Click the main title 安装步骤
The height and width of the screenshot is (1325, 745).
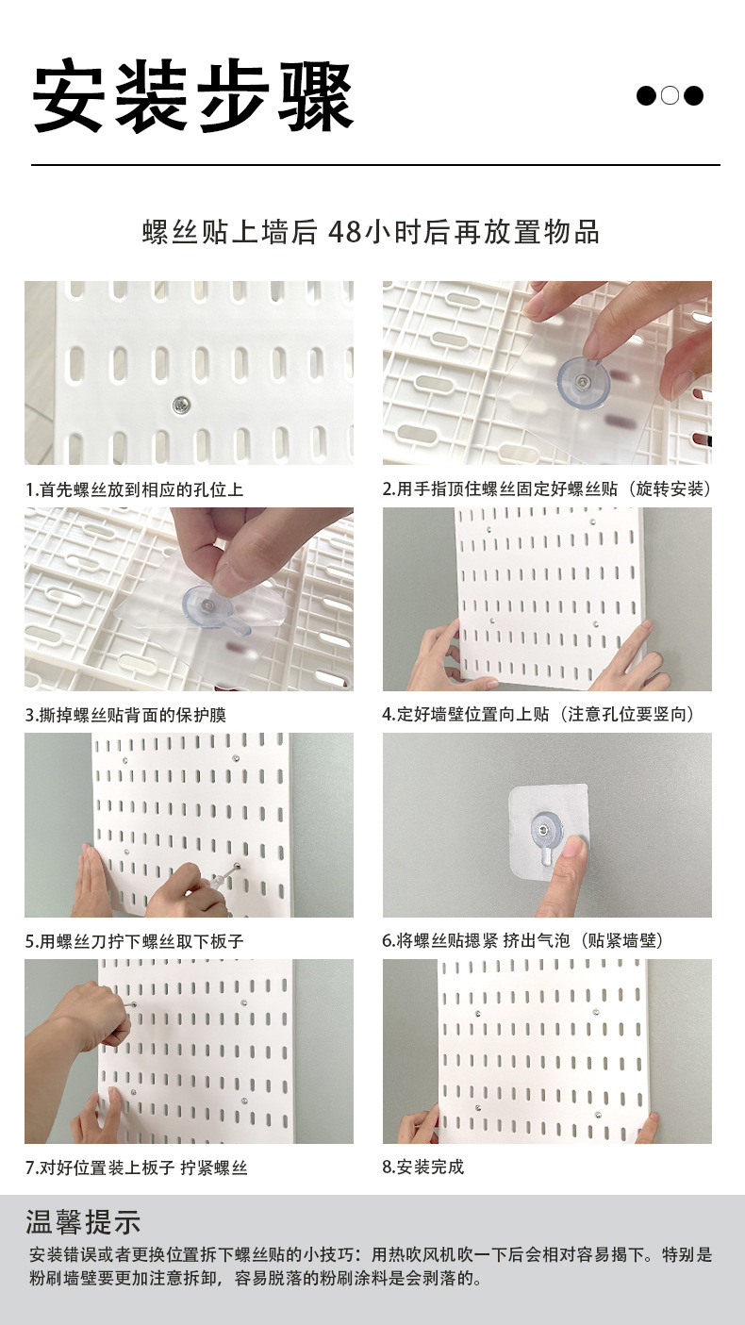193,97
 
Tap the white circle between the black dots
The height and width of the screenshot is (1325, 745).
670,96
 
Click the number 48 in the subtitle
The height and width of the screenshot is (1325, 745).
344,232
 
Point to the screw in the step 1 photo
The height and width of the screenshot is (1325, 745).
178,406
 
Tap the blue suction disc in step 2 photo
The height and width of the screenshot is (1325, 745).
584,382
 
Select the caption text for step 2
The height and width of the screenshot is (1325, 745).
546,489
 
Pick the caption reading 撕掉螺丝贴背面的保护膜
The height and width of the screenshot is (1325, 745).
125,715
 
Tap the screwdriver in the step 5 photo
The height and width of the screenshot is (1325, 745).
221,878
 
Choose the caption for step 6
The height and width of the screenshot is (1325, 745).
528,941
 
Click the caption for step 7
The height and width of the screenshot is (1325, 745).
136,1168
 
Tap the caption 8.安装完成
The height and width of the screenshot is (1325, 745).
423,1168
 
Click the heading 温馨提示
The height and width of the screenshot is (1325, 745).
84,1222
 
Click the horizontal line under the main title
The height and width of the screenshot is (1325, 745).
375,166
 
